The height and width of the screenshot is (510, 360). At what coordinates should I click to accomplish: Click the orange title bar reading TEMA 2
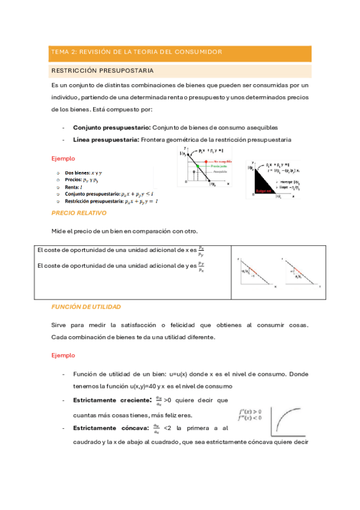coord(180,52)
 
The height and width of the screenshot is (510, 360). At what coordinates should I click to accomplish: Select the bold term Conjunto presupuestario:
coord(111,128)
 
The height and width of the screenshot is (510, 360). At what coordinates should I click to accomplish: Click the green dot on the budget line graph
coord(190,166)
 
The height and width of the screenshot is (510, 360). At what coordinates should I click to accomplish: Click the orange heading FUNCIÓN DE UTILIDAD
coord(86,307)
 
